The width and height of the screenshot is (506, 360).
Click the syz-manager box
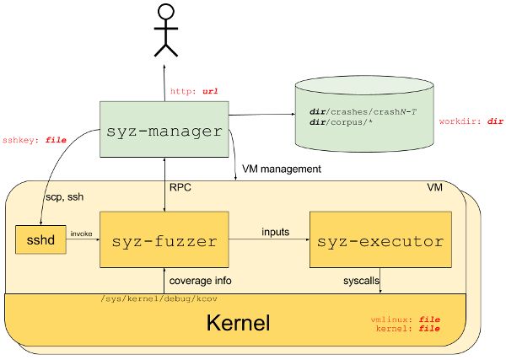click(x=164, y=131)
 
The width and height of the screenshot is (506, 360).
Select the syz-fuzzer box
click(x=164, y=241)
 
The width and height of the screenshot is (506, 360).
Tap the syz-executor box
click(x=379, y=241)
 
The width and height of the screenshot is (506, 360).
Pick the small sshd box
click(x=40, y=241)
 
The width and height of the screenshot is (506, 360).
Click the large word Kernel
click(x=238, y=323)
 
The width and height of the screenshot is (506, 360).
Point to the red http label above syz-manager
click(x=195, y=91)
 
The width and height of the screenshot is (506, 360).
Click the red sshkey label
click(x=34, y=140)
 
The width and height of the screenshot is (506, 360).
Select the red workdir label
click(x=471, y=121)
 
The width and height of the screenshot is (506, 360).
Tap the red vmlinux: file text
click(x=406, y=320)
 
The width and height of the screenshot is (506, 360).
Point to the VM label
click(x=435, y=187)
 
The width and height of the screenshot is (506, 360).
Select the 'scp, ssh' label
click(x=64, y=196)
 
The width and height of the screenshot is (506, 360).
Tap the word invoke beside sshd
click(x=81, y=234)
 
